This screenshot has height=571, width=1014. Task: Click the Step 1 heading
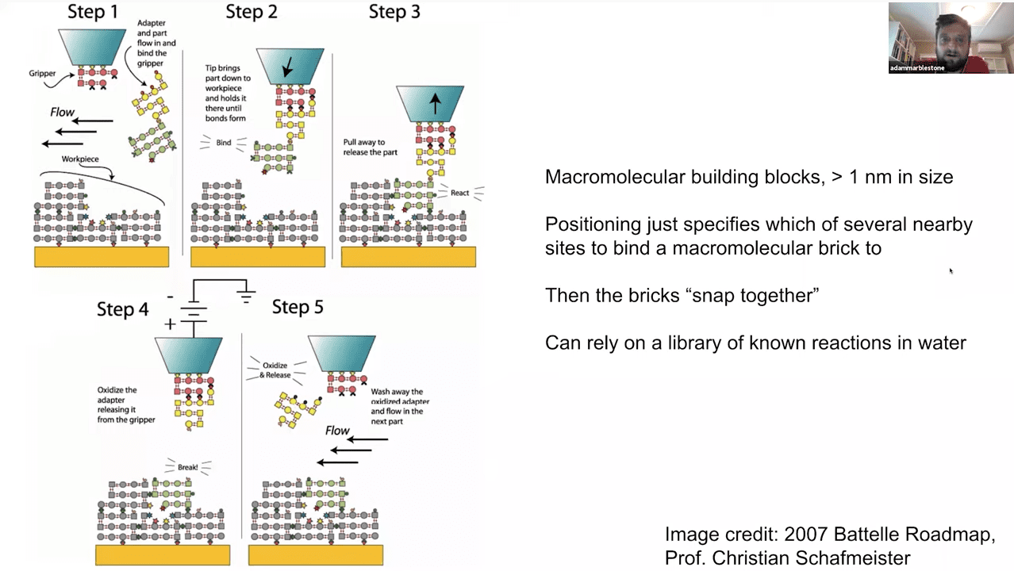[93, 13]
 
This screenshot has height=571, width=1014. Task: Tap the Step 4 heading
[123, 308]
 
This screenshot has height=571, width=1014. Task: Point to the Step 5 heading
[298, 307]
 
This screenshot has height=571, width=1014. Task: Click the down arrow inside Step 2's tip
[287, 68]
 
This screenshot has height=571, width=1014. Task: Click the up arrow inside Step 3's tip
[435, 102]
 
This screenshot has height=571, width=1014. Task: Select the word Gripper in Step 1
[42, 74]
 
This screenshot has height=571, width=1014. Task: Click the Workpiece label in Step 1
[80, 159]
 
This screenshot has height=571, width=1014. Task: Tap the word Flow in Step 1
[62, 113]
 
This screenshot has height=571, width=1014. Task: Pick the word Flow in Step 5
[337, 431]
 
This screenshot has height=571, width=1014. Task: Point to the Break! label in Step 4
[187, 467]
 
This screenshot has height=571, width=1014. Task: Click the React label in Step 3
[459, 193]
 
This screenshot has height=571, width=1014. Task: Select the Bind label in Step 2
[224, 144]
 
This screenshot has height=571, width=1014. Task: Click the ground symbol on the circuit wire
[246, 297]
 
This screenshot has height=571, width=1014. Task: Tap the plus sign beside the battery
[170, 324]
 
